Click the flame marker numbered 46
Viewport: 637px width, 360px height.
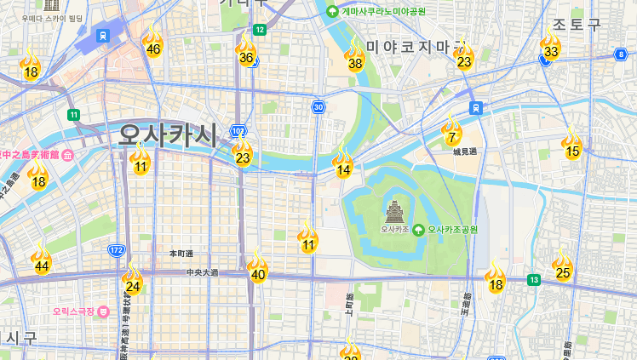(152, 42)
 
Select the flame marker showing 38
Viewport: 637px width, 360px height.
(355, 55)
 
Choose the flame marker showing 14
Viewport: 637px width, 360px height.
(342, 163)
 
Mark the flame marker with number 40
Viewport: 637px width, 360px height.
(257, 267)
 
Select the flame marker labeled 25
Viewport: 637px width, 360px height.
(562, 266)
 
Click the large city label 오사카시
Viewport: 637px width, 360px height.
(168, 134)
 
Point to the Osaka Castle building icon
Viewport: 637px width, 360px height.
(395, 211)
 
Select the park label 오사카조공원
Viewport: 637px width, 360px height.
(452, 230)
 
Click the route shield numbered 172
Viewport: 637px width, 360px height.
(117, 250)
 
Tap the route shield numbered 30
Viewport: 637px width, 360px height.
(318, 106)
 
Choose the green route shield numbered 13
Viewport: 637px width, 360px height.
(534, 279)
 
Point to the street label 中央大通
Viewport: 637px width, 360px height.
(202, 272)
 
